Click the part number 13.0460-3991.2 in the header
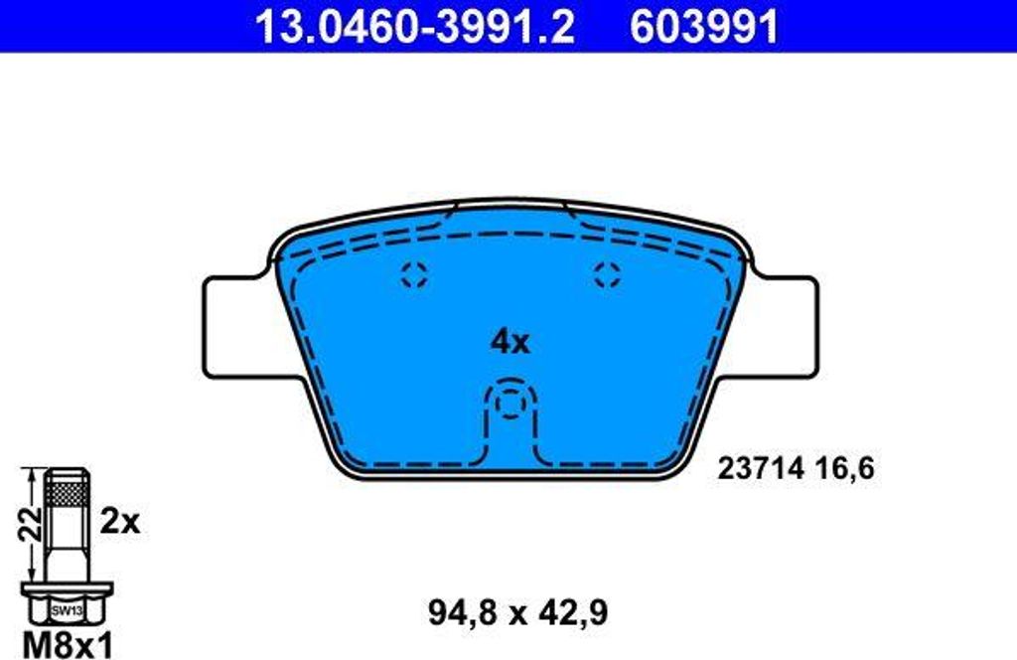414,26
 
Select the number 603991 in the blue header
703,26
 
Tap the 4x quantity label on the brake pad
509,341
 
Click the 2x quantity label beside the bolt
120,521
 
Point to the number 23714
761,468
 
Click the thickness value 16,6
844,468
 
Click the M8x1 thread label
68,645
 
